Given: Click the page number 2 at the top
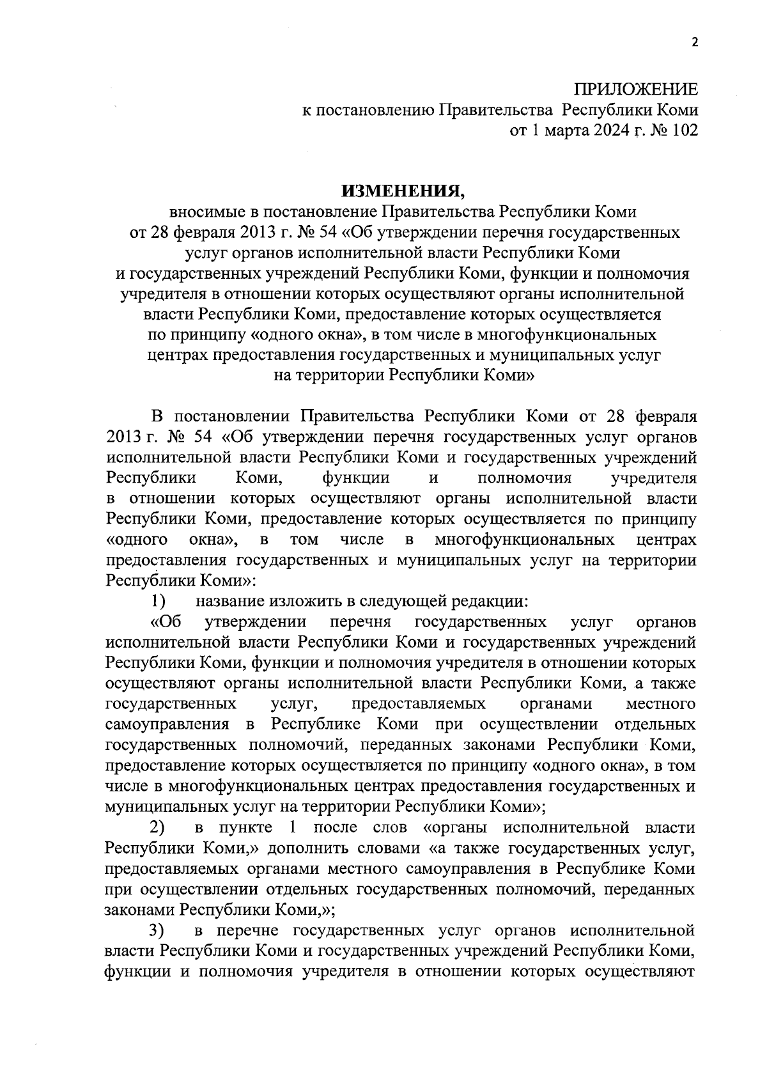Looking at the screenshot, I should [x=696, y=42].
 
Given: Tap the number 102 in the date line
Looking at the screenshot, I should [x=684, y=130].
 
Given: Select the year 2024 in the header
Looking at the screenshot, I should [x=595, y=130].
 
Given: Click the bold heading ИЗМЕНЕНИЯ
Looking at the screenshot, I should [x=403, y=191].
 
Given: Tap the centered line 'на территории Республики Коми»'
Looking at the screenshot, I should [x=403, y=375].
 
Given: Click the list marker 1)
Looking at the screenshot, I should [x=158, y=601].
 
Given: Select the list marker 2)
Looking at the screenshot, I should [x=158, y=827].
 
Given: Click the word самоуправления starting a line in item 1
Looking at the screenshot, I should [x=167, y=724].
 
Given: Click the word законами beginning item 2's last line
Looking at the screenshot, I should [x=139, y=909].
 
